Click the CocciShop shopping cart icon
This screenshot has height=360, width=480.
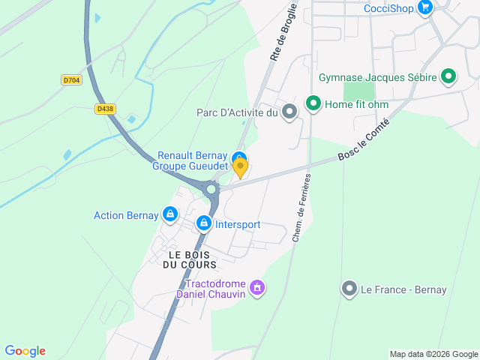426,8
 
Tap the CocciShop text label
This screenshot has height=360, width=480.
389,8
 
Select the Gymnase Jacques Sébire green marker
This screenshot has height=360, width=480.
448,76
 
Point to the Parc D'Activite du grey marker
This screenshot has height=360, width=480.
290,112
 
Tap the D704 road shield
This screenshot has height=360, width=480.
72,79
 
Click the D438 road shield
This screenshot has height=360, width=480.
106,109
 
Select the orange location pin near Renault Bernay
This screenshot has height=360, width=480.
240,167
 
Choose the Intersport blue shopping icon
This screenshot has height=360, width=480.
203,223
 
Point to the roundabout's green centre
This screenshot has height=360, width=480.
211,190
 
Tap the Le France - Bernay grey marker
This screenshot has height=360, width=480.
349,289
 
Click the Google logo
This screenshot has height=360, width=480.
25,351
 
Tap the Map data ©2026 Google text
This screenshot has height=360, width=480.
433,354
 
